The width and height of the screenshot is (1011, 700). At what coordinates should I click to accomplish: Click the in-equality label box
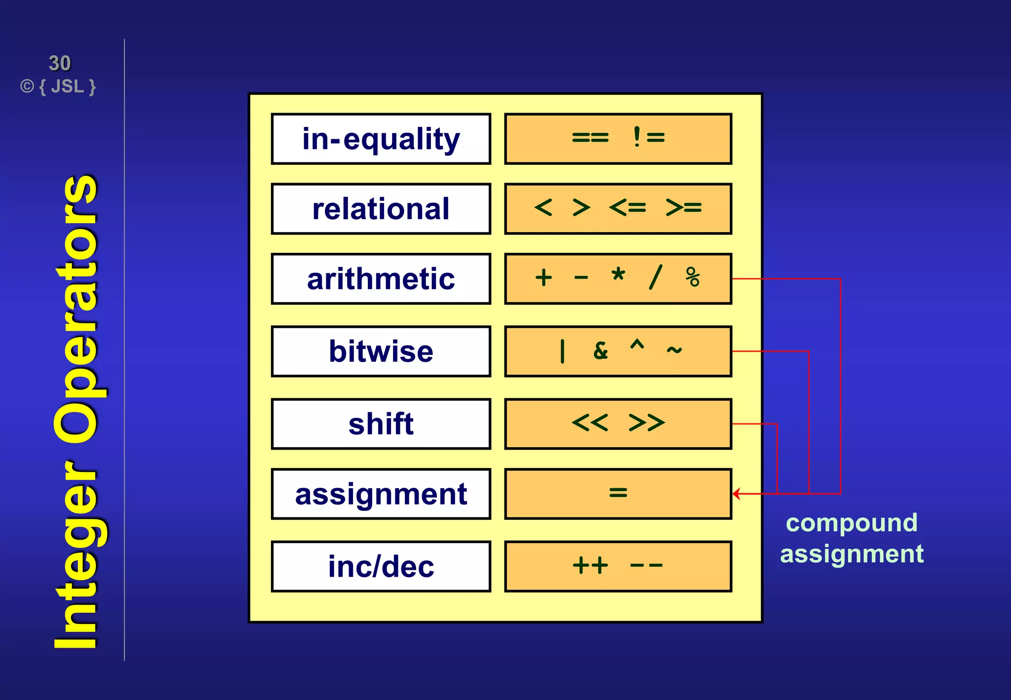pos(381,139)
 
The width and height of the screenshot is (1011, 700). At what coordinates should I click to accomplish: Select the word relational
pos(381,209)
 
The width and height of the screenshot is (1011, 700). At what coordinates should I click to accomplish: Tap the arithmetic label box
pos(381,278)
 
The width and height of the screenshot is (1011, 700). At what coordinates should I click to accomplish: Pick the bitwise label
pos(381,351)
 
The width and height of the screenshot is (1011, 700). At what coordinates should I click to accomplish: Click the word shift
pos(381,424)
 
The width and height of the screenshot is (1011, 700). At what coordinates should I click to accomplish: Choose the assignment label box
pos(381,494)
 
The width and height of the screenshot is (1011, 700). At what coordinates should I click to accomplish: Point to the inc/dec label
pos(381,566)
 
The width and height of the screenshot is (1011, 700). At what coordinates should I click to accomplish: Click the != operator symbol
pos(648,137)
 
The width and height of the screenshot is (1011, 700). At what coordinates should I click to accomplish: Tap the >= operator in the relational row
pos(683,207)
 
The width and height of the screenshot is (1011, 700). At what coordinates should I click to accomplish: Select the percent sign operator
pos(693,277)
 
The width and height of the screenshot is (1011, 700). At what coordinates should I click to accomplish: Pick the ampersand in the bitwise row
pos(601,351)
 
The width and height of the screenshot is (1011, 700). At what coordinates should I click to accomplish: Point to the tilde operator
pos(674,350)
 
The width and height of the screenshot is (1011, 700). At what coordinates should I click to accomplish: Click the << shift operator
pos(590,423)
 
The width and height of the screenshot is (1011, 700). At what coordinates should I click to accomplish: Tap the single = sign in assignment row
pos(618,492)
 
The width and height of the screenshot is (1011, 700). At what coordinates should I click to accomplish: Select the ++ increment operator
pos(590,565)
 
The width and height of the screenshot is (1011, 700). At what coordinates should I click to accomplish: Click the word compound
pos(852,523)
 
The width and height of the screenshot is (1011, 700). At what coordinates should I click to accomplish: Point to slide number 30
pos(60,63)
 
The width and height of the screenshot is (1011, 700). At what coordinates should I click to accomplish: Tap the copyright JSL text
pos(58,87)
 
